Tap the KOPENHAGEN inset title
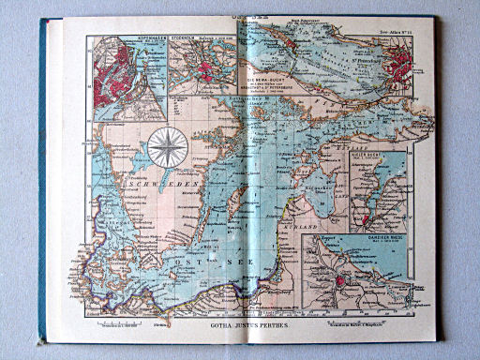click(130, 40)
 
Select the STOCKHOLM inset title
click(187, 40)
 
